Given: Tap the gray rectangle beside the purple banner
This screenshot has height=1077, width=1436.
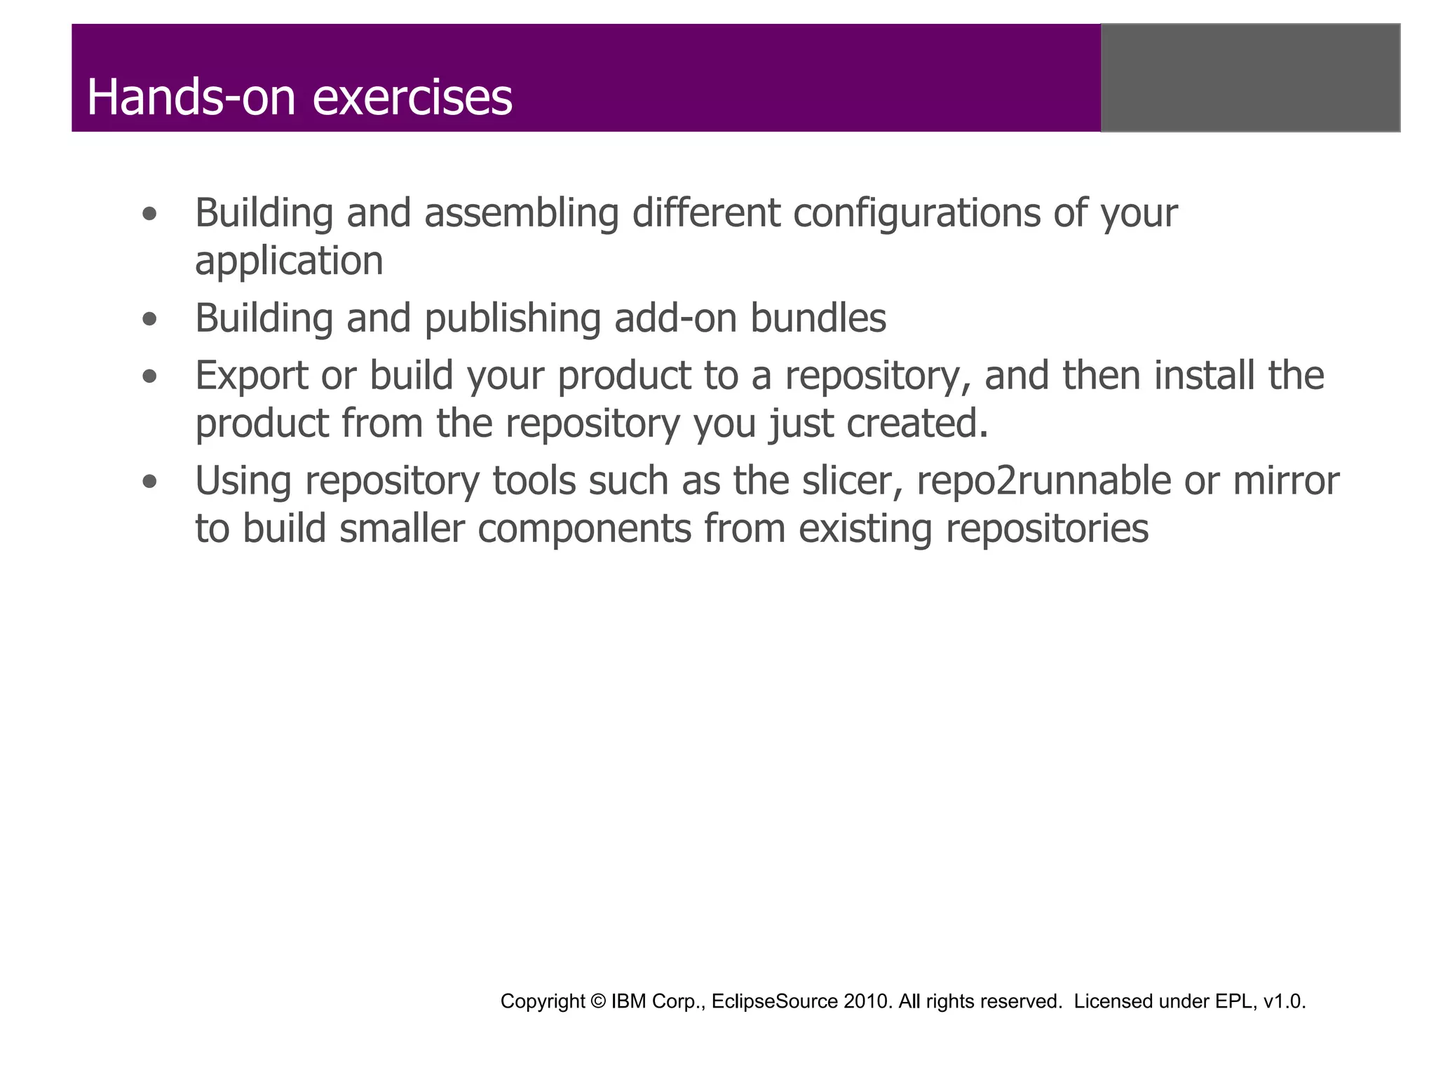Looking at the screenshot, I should pyautogui.click(x=1250, y=78).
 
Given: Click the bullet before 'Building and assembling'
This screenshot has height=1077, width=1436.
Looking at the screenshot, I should pyautogui.click(x=149, y=215).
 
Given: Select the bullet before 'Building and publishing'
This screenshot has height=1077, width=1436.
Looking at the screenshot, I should pyautogui.click(x=149, y=320).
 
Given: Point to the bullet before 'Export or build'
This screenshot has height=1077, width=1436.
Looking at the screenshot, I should pyautogui.click(x=149, y=377).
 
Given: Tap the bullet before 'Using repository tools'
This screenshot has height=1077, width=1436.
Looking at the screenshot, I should pyautogui.click(x=149, y=482).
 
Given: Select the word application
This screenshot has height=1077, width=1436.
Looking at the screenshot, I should pyautogui.click(x=289, y=262).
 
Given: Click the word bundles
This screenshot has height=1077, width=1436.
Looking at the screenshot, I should pyautogui.click(x=818, y=318).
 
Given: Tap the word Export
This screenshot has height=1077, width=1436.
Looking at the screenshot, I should pyautogui.click(x=251, y=376).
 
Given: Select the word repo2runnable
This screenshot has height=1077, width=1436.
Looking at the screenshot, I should pyautogui.click(x=1043, y=482).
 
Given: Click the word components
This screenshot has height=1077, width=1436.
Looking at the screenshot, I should pyautogui.click(x=585, y=529).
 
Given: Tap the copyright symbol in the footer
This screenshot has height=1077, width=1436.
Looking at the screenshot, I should pyautogui.click(x=597, y=1001).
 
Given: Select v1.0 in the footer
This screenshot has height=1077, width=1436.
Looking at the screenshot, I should pyautogui.click(x=1283, y=1001).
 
